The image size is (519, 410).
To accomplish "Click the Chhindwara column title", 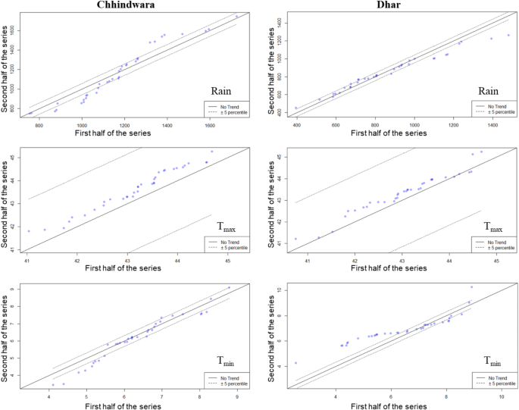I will click(127, 5).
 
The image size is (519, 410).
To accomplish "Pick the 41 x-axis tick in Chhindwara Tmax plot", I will click(27, 261).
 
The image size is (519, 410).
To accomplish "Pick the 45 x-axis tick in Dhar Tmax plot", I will click(496, 261).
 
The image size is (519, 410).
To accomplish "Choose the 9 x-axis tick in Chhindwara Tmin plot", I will click(236, 396).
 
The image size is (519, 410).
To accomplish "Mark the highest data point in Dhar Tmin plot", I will click(471, 287).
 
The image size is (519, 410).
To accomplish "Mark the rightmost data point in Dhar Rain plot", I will click(508, 35).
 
